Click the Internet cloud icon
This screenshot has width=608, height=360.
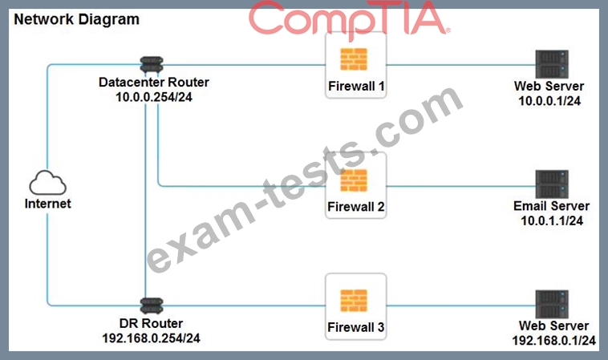tap(47, 183)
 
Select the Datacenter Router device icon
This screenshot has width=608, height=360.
tap(152, 65)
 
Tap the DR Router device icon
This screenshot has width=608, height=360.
tap(152, 305)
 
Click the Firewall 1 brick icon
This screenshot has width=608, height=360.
tap(354, 59)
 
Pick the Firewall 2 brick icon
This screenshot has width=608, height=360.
tap(354, 180)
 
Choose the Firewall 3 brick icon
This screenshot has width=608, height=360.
tap(354, 301)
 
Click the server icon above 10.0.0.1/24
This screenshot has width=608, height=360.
tap(552, 64)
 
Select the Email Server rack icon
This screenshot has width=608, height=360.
tap(552, 184)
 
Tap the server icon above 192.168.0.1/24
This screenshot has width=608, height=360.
tap(552, 305)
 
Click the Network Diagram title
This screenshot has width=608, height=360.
tap(76, 19)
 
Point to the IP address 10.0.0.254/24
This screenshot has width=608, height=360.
tap(154, 97)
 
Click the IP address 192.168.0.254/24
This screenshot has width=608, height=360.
tap(152, 338)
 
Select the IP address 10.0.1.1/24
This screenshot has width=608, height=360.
tap(552, 220)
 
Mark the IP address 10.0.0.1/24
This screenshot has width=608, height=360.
tap(549, 101)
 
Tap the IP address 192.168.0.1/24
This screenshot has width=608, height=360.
tap(553, 341)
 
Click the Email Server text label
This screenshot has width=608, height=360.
tap(551, 206)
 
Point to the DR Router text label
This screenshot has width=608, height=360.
tap(152, 323)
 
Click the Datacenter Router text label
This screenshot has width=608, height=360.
tap(154, 82)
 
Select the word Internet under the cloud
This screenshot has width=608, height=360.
tap(47, 204)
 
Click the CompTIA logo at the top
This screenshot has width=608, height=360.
tap(350, 19)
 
